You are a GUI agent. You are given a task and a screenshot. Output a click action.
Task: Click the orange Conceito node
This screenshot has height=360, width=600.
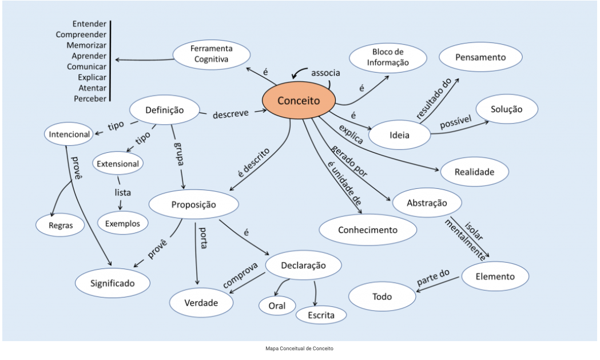pyautogui.click(x=298, y=101)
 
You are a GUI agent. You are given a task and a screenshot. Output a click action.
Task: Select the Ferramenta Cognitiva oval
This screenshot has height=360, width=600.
pyautogui.click(x=212, y=54)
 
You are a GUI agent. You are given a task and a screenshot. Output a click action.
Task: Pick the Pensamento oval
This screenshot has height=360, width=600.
pyautogui.click(x=480, y=57)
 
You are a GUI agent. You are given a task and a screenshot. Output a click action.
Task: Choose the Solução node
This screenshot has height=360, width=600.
pyautogui.click(x=507, y=109)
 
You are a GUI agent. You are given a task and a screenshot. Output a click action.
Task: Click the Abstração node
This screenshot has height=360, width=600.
pyautogui.click(x=426, y=203)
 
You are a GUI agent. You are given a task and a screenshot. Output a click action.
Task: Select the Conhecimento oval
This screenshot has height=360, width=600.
pyautogui.click(x=367, y=230)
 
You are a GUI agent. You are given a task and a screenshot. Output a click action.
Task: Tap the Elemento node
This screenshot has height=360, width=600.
pyautogui.click(x=495, y=276)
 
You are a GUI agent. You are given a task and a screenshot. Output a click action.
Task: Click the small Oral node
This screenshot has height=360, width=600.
pyautogui.click(x=277, y=306)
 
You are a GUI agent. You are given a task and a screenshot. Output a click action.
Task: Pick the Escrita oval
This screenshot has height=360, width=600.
pyautogui.click(x=321, y=314)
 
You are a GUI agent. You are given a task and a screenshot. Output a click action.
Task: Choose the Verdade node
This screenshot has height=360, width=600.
pyautogui.click(x=201, y=303)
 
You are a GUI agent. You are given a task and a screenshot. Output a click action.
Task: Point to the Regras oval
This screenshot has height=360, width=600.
pyautogui.click(x=61, y=225)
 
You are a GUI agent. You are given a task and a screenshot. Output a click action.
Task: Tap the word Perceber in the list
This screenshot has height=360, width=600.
pyautogui.click(x=90, y=98)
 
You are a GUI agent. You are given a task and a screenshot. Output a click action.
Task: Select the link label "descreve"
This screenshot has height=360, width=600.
pyautogui.click(x=231, y=113)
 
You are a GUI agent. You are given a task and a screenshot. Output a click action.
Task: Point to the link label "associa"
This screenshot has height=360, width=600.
pyautogui.click(x=325, y=73)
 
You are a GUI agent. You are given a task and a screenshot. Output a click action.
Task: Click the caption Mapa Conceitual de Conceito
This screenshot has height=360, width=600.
pyautogui.click(x=299, y=348)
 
